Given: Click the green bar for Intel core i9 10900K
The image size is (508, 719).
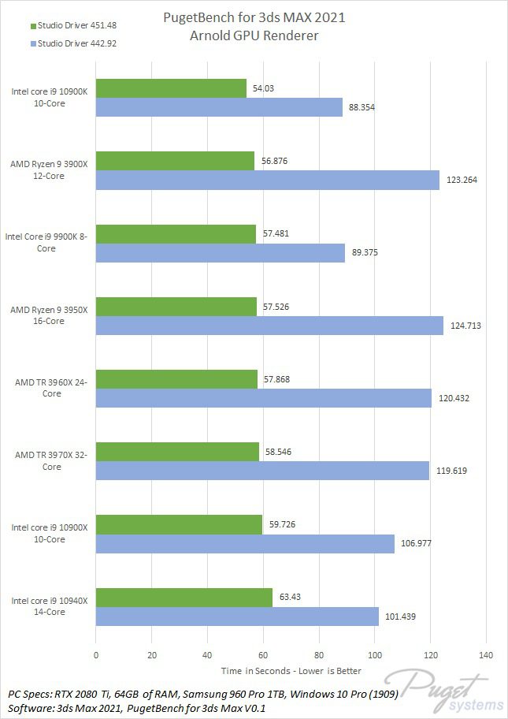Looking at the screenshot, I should tap(171, 88).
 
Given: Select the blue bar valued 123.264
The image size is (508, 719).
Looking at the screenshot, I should tap(267, 180).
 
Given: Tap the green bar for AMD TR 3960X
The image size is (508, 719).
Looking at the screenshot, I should tap(176, 378).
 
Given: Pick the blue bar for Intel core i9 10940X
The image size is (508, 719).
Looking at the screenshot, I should tap(237, 616).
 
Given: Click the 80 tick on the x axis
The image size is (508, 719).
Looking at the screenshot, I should tap(318, 655).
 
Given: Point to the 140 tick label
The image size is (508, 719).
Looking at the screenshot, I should tap(485, 655).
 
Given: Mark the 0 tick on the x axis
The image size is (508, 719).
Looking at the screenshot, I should tap(96, 655).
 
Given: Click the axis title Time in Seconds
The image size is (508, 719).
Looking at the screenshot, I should tap(291, 671).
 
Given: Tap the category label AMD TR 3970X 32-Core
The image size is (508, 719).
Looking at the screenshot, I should tap(49, 460).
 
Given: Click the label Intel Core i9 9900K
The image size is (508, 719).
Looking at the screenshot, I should tap(46, 242).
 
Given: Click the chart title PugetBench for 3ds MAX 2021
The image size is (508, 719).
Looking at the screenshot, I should tap(254, 17).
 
